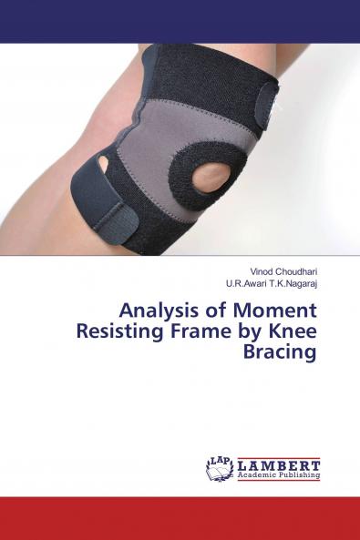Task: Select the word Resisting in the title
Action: pyautogui.click(x=163, y=331)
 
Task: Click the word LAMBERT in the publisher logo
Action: pyautogui.click(x=277, y=464)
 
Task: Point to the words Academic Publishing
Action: pyautogui.click(x=277, y=475)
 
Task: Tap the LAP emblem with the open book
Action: pyautogui.click(x=220, y=468)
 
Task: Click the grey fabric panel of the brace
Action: pyautogui.click(x=155, y=155)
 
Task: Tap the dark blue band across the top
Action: pyautogui.click(x=180, y=21)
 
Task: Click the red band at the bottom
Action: pyautogui.click(x=180, y=518)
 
